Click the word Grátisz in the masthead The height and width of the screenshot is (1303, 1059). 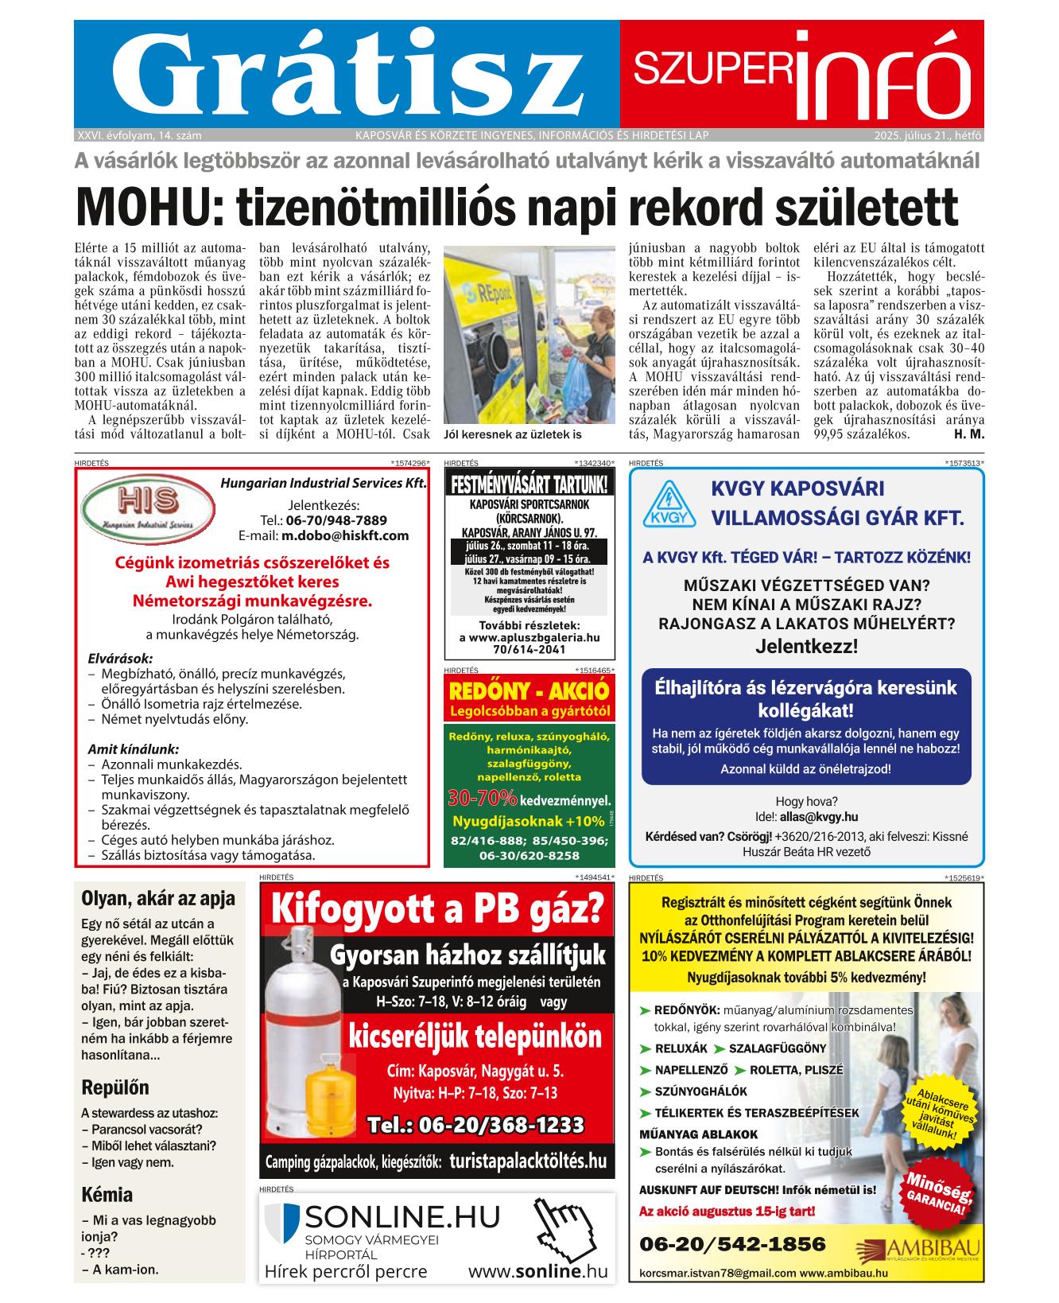coord(345,73)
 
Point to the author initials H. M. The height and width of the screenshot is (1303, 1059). coord(968,434)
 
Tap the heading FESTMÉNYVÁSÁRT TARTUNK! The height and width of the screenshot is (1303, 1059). coord(529,484)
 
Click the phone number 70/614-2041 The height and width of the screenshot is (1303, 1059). coord(529,649)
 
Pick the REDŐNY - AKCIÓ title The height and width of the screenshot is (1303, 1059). coord(529,689)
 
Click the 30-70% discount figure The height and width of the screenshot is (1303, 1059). coord(482,798)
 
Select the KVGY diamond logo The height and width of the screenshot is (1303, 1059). coord(669,506)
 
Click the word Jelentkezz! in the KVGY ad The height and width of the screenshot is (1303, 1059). coord(806,646)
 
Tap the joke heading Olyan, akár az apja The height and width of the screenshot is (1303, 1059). coord(158,899)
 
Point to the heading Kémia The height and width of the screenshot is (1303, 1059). coord(107,1195)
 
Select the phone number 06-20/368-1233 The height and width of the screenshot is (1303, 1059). coord(475,1125)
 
